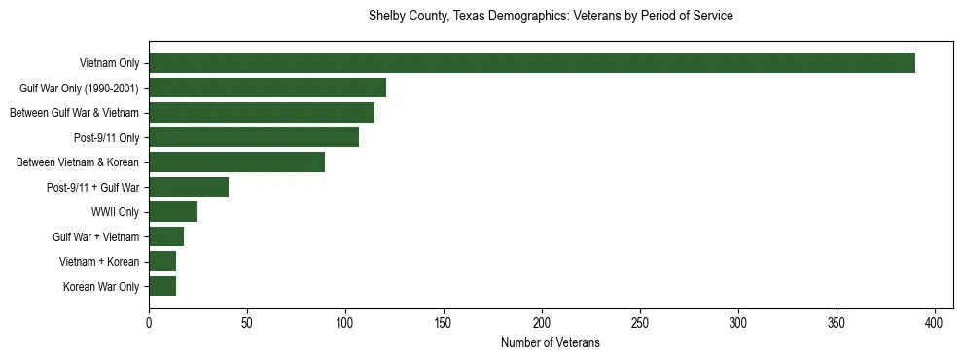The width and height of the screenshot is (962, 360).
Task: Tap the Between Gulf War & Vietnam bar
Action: (x=262, y=113)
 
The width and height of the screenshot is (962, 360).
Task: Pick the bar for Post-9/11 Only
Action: (x=254, y=137)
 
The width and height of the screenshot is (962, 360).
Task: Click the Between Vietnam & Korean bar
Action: (x=236, y=162)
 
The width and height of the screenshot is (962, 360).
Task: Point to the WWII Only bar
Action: (x=173, y=212)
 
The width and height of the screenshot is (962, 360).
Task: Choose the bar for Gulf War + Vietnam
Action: (x=166, y=236)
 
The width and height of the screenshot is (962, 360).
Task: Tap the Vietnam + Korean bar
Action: (x=162, y=262)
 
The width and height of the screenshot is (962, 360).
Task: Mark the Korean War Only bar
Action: (x=162, y=286)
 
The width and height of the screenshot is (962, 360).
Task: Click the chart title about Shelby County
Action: (x=551, y=17)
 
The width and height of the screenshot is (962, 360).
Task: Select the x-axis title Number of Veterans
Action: (x=551, y=343)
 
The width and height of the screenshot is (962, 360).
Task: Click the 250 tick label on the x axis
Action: (x=640, y=322)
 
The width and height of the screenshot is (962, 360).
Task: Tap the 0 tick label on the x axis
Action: (x=149, y=322)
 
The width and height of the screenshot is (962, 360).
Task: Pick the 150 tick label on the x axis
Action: (x=444, y=322)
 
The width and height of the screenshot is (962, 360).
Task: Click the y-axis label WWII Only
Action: (x=115, y=212)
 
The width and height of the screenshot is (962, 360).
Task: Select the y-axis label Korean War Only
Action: (x=101, y=287)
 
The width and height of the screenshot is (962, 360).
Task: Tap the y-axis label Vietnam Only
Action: (x=109, y=64)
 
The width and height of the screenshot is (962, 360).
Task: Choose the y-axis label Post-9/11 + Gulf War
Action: (x=92, y=188)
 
